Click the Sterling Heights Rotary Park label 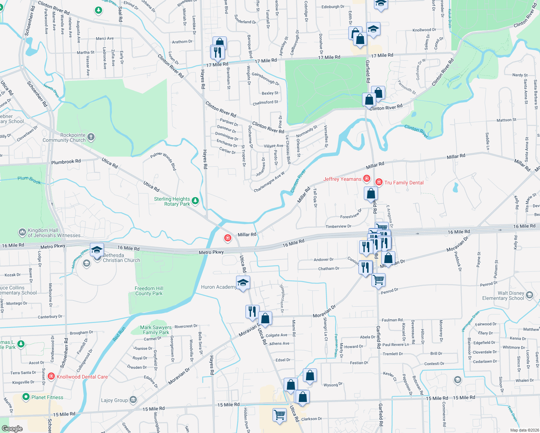coord(172,201)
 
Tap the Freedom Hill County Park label coord(149,291)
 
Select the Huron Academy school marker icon coord(243,283)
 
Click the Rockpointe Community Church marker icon coord(91,137)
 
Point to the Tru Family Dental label coord(404,183)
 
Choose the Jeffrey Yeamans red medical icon coord(367,178)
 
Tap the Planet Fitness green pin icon coord(26,397)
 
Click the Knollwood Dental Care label coord(82,377)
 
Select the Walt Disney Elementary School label coord(503,296)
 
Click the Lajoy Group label coord(114,400)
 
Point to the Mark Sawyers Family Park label coord(156,330)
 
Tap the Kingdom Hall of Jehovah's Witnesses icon coord(22,232)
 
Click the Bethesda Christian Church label coord(121,258)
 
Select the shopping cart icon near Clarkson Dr coord(279,415)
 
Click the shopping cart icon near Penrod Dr coord(378,279)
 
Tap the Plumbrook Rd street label coord(66,162)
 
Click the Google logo coord(12,428)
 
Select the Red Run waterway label coord(119,334)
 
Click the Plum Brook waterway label coord(29,180)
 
